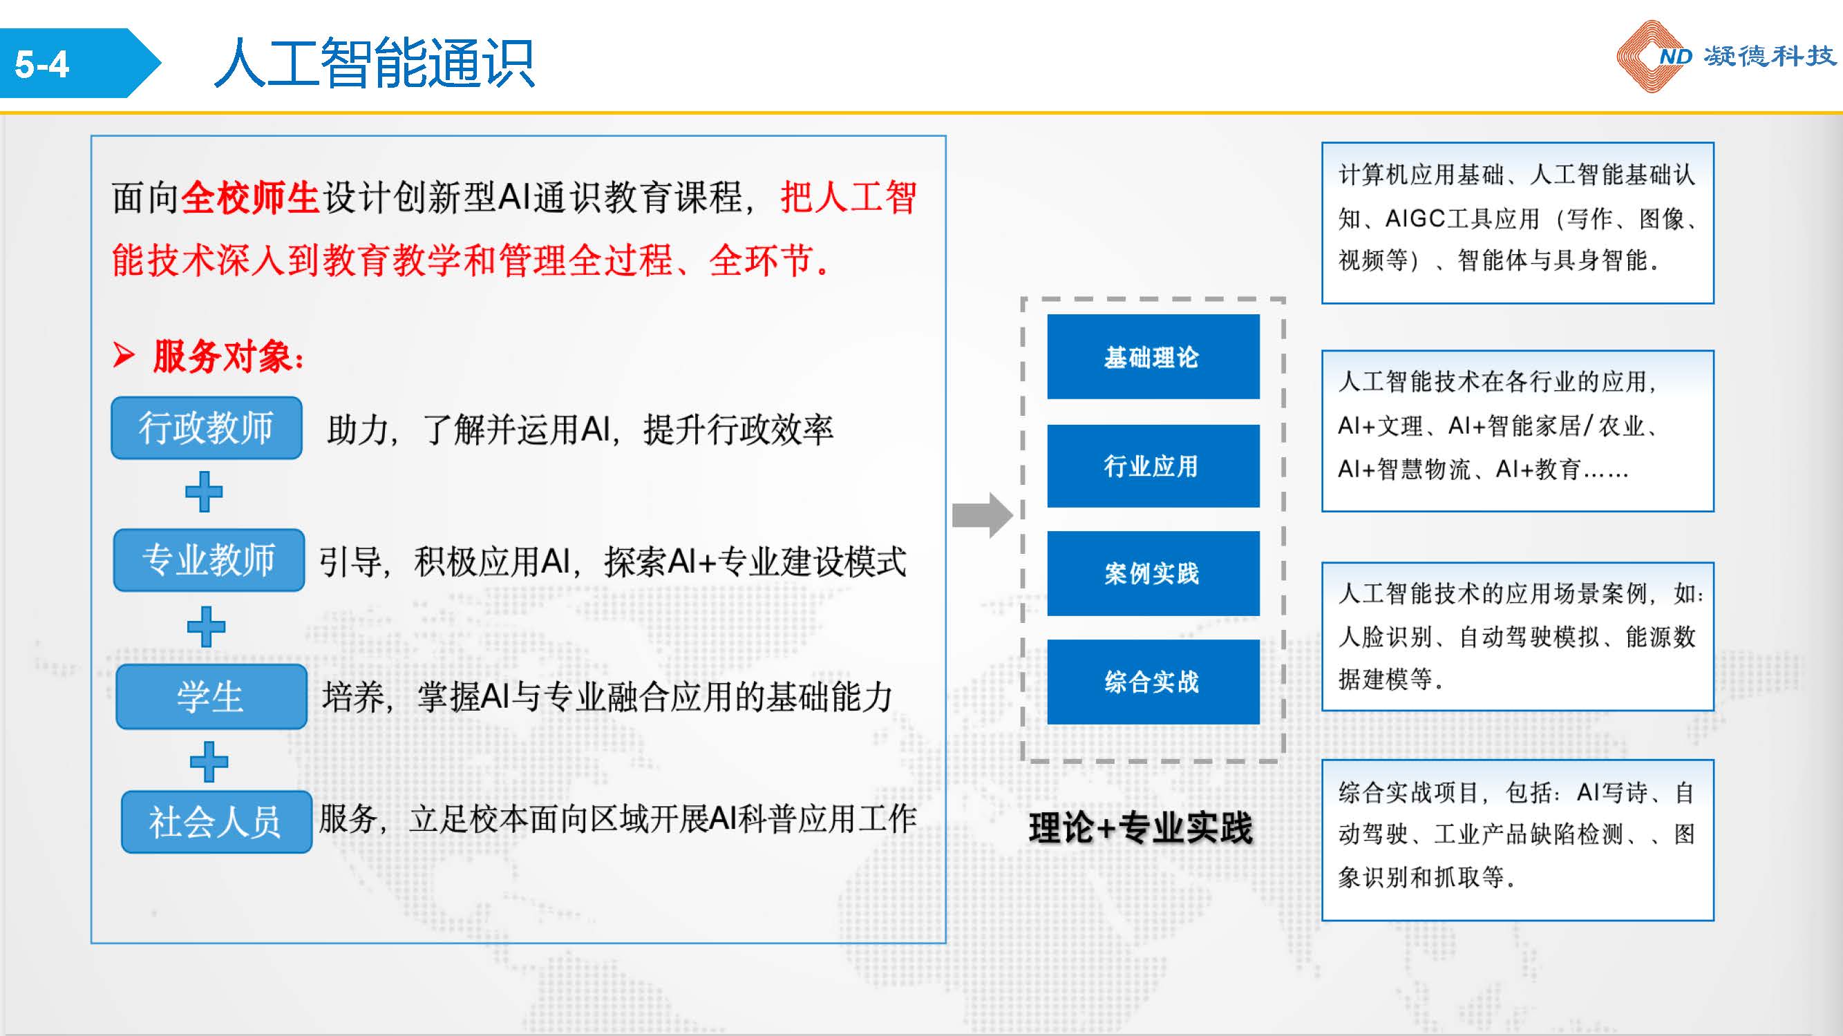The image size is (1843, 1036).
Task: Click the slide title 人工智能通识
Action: (374, 64)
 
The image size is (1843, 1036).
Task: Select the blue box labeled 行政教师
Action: (206, 428)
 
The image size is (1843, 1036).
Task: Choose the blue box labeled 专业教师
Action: (209, 560)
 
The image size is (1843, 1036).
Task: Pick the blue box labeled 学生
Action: (211, 696)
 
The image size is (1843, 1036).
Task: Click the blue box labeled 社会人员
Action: (216, 821)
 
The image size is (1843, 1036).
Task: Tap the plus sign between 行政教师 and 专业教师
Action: (204, 492)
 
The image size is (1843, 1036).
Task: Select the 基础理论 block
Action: (1153, 357)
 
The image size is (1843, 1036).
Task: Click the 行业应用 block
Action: (1153, 466)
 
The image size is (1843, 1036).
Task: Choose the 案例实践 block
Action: (1153, 573)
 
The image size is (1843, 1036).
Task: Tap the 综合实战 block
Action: (1153, 682)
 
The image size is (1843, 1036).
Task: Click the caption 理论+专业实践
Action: (1141, 829)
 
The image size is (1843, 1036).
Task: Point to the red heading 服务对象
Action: (227, 356)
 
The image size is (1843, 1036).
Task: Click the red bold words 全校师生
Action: (249, 198)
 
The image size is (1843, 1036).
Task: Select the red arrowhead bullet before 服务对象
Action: (124, 355)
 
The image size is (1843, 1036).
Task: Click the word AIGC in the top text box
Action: (1415, 219)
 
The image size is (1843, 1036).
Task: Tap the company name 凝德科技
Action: (1769, 56)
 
